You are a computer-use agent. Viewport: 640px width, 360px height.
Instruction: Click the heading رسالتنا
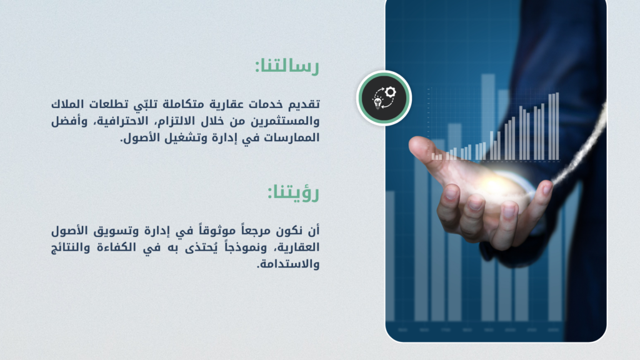pyautogui.click(x=287, y=66)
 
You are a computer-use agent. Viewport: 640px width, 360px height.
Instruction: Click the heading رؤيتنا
pyautogui.click(x=293, y=192)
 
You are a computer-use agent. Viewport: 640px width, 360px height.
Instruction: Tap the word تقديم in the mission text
pyautogui.click(x=304, y=104)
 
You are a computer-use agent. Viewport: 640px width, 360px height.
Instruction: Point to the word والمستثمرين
pyautogui.click(x=285, y=121)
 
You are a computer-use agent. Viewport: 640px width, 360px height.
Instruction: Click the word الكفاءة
pyautogui.click(x=116, y=247)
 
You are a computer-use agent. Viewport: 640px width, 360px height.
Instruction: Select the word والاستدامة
pyautogui.click(x=288, y=264)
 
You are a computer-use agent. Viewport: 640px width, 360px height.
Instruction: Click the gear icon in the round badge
pyautogui.click(x=390, y=92)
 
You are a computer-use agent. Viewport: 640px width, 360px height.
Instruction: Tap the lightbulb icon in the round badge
pyautogui.click(x=378, y=102)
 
